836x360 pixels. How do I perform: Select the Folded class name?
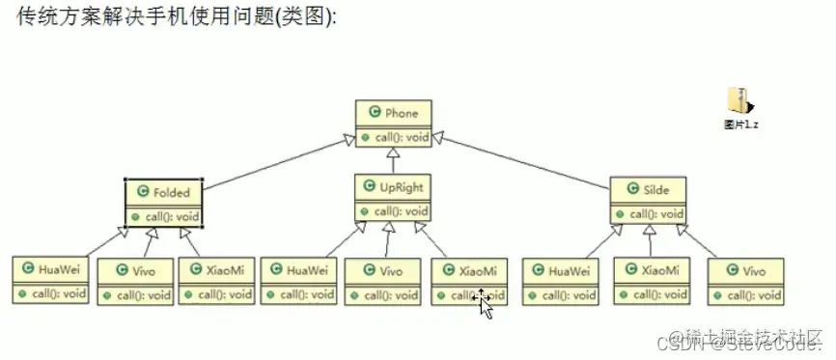[171, 191]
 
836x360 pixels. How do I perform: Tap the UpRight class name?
[401, 187]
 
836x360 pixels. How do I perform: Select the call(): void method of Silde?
[656, 214]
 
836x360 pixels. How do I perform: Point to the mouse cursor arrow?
[484, 304]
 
